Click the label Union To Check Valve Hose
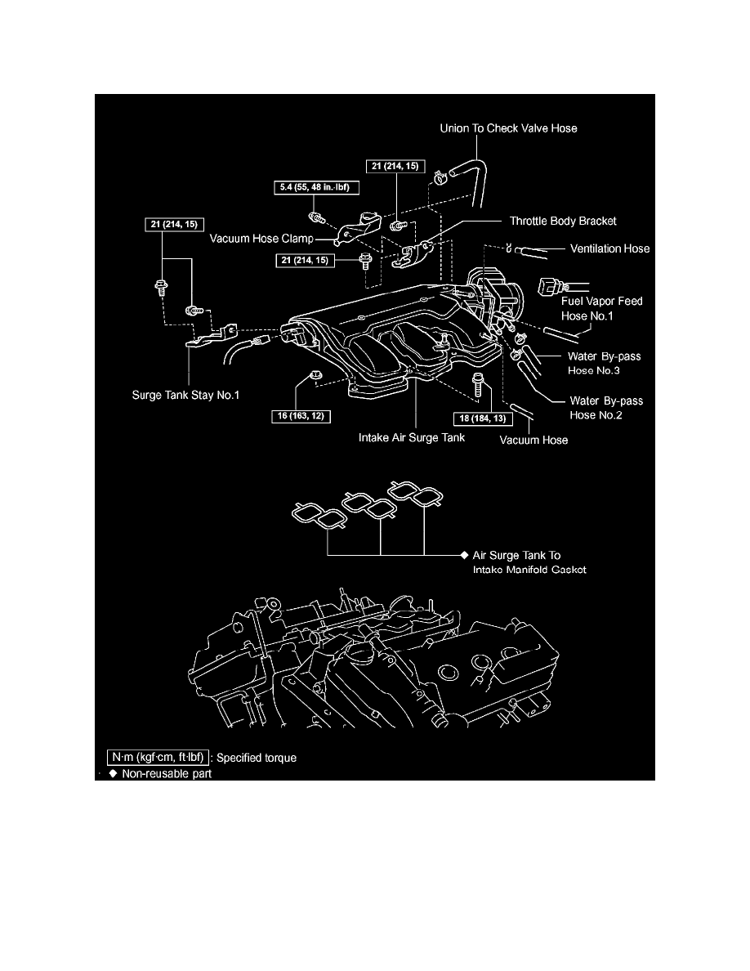(x=508, y=128)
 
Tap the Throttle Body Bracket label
(x=563, y=221)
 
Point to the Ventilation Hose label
(x=609, y=248)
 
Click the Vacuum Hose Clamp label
(x=260, y=239)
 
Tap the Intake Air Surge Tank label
(x=412, y=438)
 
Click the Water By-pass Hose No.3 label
(x=605, y=363)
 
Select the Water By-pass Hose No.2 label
(x=605, y=407)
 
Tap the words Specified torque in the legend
(x=257, y=758)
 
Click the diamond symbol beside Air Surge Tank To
(x=465, y=555)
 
